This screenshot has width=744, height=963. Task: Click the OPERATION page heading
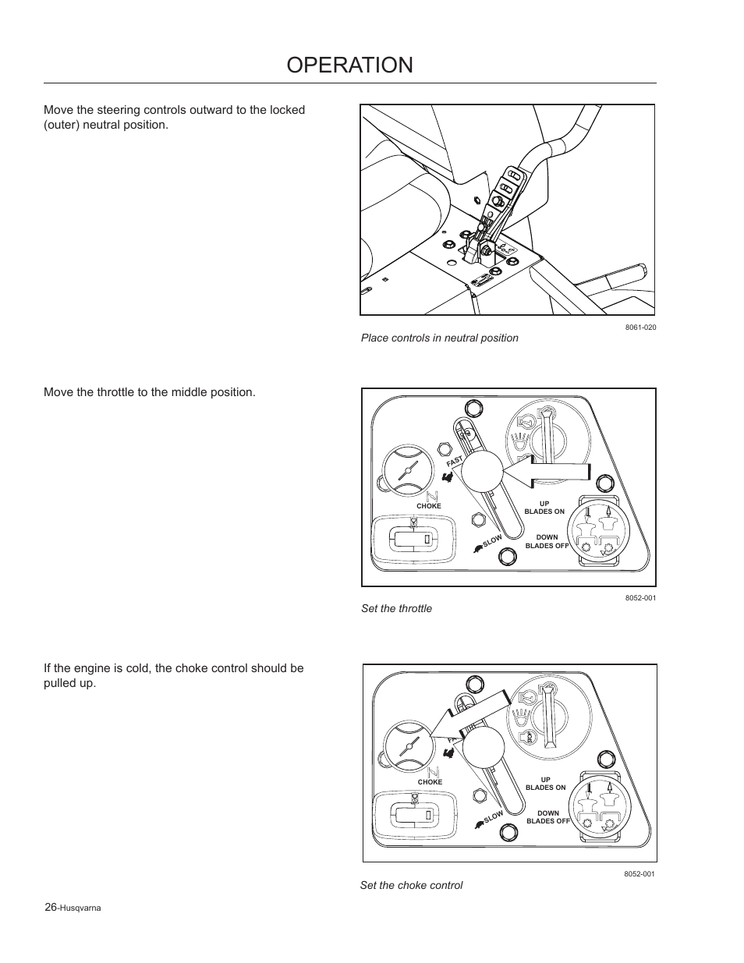(x=349, y=65)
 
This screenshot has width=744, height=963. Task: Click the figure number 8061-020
(x=639, y=327)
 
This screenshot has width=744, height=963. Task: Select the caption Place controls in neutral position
(x=439, y=338)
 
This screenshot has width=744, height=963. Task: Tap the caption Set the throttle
(x=396, y=608)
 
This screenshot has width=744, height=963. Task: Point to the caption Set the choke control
(x=411, y=885)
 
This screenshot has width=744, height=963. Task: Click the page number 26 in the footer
(x=51, y=907)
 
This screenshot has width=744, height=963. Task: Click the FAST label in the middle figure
(x=455, y=462)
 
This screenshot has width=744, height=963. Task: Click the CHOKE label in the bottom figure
(x=430, y=782)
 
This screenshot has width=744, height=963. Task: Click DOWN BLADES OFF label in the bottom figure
(x=547, y=817)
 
